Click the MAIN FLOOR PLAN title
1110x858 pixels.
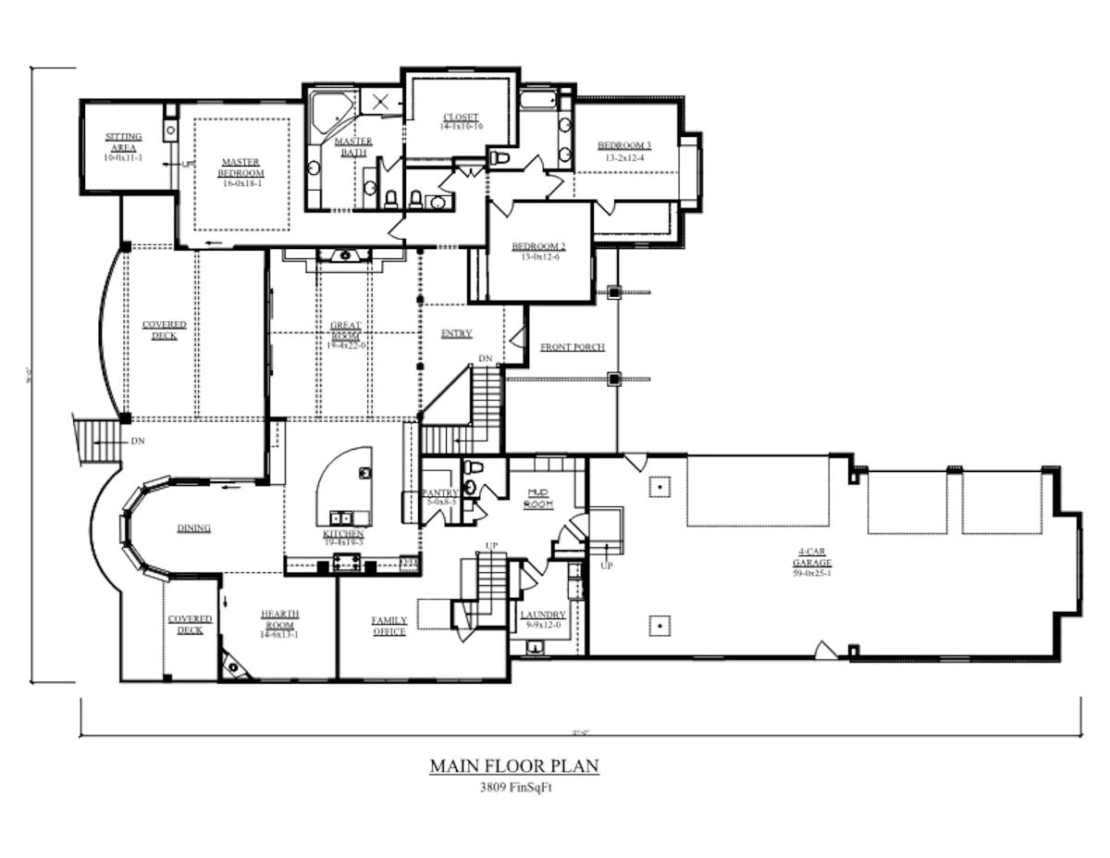click(x=514, y=766)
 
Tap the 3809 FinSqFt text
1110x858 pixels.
click(x=514, y=788)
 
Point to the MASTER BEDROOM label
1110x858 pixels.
click(x=241, y=168)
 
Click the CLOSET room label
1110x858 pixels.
click(x=460, y=117)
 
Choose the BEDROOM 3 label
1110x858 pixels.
click(x=624, y=145)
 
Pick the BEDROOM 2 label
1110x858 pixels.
click(x=538, y=246)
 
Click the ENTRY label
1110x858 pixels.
click(x=457, y=333)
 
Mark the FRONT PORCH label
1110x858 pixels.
click(x=573, y=347)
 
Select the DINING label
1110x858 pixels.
click(x=194, y=528)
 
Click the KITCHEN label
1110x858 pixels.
click(x=343, y=534)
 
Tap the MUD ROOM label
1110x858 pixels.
click(x=538, y=498)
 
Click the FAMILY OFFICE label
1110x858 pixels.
click(x=389, y=626)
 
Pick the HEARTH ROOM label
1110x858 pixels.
click(x=279, y=619)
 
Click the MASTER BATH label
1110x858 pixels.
click(x=352, y=146)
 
